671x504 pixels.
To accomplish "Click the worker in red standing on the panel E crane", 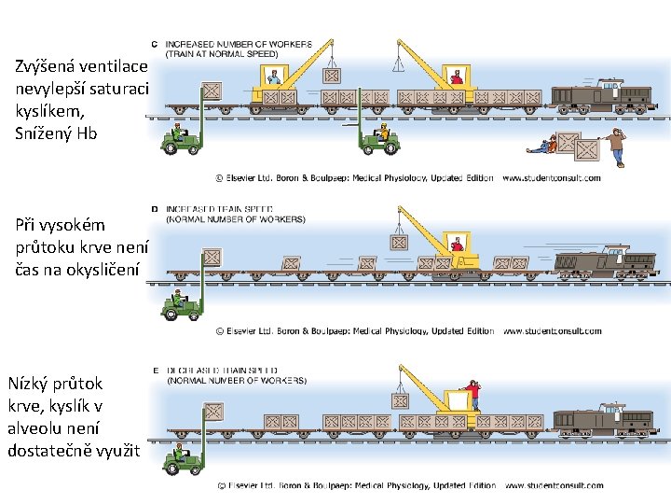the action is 474,395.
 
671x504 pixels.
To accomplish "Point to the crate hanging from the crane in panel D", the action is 399,242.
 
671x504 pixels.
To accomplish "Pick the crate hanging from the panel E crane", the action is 400,401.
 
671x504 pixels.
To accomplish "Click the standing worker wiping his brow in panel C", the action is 613,147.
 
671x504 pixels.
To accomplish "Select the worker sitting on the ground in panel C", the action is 544,145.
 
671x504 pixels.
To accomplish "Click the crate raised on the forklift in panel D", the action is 212,258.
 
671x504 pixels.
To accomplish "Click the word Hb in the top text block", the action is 87,133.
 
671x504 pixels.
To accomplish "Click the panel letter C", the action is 154,44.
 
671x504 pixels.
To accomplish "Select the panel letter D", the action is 154,209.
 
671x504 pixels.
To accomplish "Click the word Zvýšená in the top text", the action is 47,66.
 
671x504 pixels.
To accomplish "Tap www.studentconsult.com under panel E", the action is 554,485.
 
